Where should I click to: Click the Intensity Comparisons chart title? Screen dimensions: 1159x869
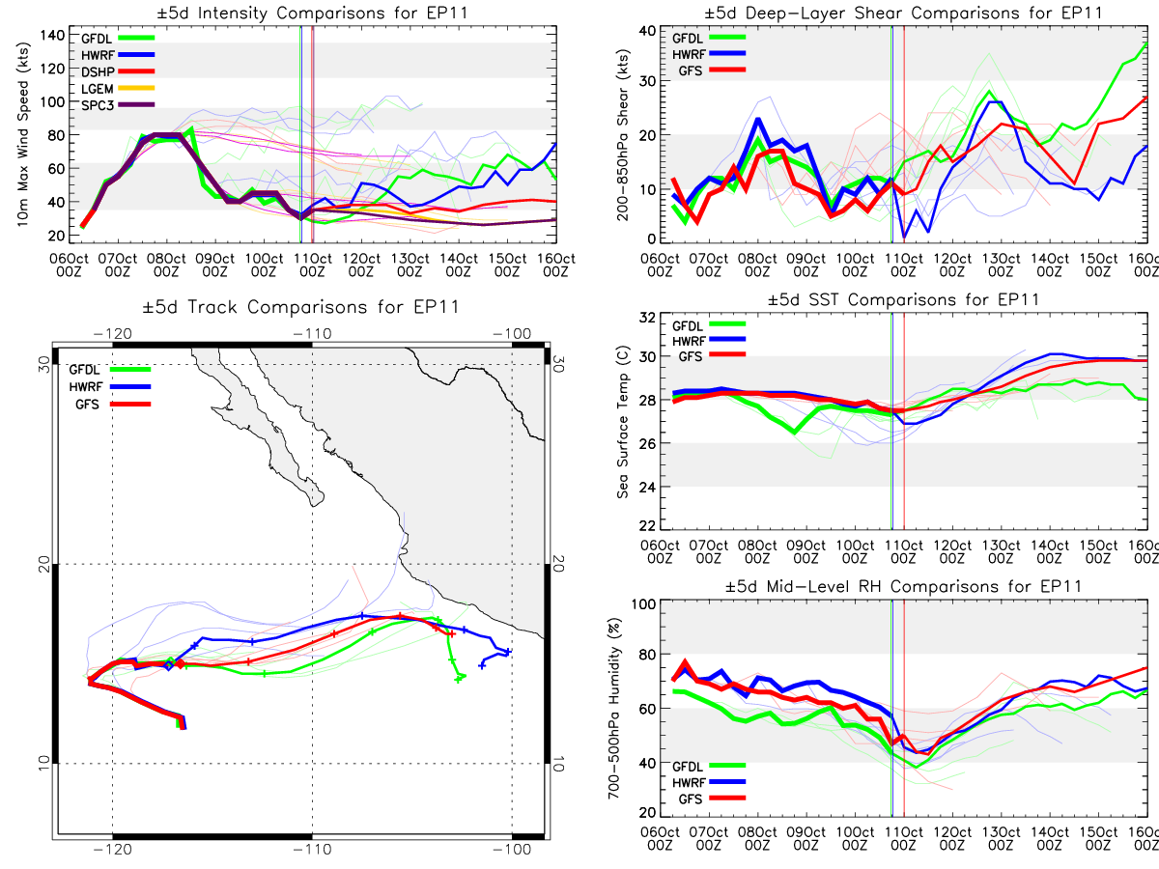pos(313,13)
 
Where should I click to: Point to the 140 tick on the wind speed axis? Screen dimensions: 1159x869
pos(52,36)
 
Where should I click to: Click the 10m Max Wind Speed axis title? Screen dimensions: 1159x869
pos(22,134)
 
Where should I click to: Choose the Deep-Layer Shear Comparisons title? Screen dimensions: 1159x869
pos(903,13)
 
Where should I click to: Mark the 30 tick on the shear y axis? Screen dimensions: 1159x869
pos(647,81)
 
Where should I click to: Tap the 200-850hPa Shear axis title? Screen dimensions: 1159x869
pos(623,134)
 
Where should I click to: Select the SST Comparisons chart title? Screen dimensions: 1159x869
pos(903,299)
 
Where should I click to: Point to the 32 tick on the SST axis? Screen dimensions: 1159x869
pos(647,317)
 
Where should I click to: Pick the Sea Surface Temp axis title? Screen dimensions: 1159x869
pos(623,422)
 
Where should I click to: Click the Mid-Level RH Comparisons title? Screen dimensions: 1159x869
pos(903,586)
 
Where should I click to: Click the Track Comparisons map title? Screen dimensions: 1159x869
pos(300,306)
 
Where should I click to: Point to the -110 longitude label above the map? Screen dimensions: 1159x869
pos(312,334)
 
